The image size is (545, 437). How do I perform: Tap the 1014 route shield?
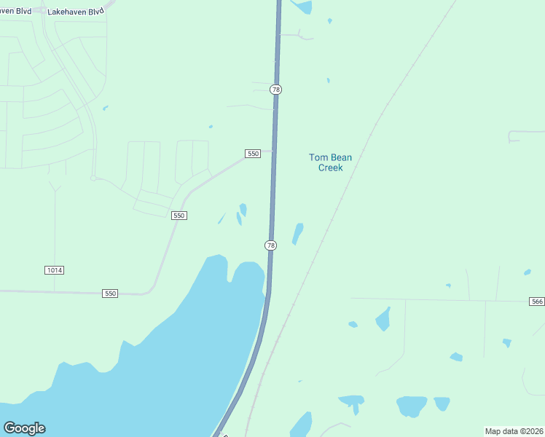(54, 270)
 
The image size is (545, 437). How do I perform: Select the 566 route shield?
(536, 302)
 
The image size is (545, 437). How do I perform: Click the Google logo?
(24, 428)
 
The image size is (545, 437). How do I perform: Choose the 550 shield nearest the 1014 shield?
(110, 294)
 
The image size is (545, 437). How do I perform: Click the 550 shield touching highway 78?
(253, 154)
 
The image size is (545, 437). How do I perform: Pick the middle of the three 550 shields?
(179, 216)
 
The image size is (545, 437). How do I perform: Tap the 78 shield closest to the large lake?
(271, 245)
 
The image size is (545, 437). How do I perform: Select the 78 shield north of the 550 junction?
(275, 89)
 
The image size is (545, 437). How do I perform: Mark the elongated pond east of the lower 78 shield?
(297, 234)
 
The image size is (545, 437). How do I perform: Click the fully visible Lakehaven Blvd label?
(75, 12)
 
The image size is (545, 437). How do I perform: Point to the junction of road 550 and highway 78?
(275, 151)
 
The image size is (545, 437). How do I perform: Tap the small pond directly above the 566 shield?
(527, 272)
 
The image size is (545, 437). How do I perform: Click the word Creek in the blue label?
(330, 168)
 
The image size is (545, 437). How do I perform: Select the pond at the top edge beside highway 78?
(302, 7)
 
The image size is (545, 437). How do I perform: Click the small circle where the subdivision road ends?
(93, 178)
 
